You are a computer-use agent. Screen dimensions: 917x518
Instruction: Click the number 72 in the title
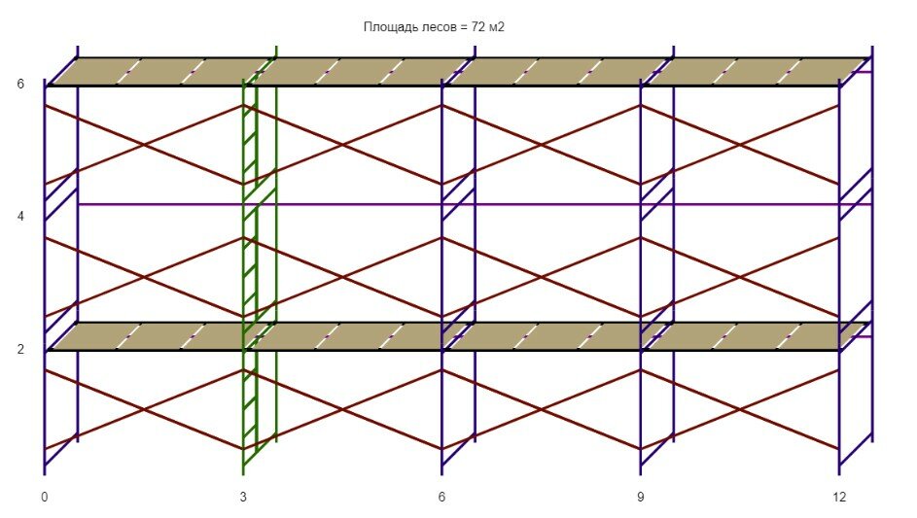pos(478,27)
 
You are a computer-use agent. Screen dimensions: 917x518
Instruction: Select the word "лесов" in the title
pos(434,27)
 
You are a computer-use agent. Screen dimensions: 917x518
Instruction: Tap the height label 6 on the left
pos(20,84)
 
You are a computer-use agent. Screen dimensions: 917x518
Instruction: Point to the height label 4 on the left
pos(20,216)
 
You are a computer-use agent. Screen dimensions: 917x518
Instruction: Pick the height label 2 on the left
pos(20,348)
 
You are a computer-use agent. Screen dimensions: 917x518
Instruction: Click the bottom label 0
pos(45,497)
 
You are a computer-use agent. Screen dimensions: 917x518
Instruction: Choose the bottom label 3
pos(243,497)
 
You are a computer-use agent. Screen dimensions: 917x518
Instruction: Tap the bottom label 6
pos(442,497)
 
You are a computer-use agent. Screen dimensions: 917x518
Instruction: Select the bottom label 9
pos(641,497)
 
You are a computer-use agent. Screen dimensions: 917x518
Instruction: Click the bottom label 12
pos(839,497)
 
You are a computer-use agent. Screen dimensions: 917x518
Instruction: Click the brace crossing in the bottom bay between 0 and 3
pos(144,409)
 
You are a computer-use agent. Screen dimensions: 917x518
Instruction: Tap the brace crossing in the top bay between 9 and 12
pos(740,145)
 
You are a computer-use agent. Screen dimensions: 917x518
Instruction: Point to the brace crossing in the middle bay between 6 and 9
pos(542,277)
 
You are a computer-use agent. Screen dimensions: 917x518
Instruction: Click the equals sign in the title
pos(463,27)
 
